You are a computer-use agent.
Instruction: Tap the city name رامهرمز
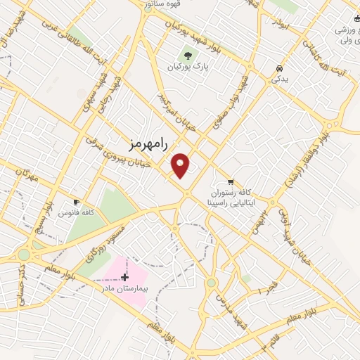click(x=149, y=143)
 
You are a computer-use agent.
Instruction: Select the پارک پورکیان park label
click(x=188, y=67)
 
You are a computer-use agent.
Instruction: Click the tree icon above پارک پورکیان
click(x=188, y=55)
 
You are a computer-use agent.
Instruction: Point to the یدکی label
click(x=280, y=80)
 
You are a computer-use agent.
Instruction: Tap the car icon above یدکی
click(x=280, y=68)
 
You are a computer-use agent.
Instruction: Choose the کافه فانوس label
click(x=77, y=212)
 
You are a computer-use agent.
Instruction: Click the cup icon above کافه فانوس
click(x=77, y=201)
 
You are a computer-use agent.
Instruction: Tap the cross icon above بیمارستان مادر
click(x=125, y=277)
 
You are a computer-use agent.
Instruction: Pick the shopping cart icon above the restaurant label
click(x=231, y=180)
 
